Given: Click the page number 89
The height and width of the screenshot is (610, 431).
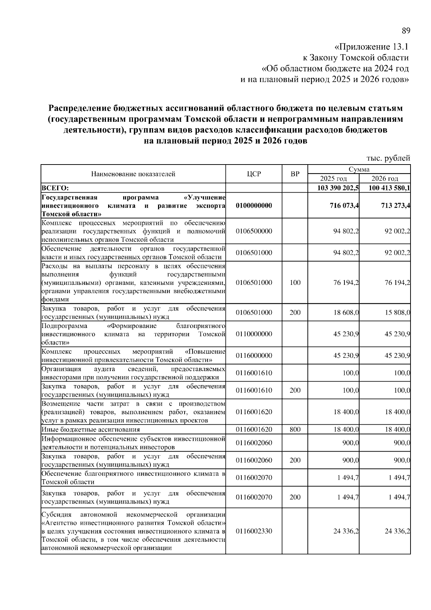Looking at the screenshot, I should click(x=405, y=31).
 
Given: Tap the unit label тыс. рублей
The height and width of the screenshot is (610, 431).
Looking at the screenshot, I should click(x=388, y=158).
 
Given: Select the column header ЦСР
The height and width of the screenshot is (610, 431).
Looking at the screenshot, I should click(x=254, y=174).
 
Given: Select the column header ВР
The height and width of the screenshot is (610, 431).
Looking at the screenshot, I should click(x=295, y=174).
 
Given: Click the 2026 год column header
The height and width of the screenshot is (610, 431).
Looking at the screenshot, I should click(x=385, y=179).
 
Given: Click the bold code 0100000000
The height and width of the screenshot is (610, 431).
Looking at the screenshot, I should click(x=254, y=205).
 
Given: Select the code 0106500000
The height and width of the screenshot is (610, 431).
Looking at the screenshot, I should click(x=254, y=231).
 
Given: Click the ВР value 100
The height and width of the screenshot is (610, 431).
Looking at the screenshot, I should click(x=295, y=282).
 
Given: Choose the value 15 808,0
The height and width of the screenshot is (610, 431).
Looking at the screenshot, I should click(x=397, y=313).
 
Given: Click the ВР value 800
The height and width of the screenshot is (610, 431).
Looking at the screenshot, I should click(x=295, y=429).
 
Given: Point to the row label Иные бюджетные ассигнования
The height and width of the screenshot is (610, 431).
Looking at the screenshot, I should click(x=91, y=429).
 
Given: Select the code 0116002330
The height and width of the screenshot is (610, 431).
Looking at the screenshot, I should click(x=254, y=531).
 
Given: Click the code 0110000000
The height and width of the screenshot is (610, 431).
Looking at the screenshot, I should click(x=254, y=334).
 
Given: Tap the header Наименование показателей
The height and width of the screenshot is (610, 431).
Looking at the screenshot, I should click(x=133, y=174).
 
